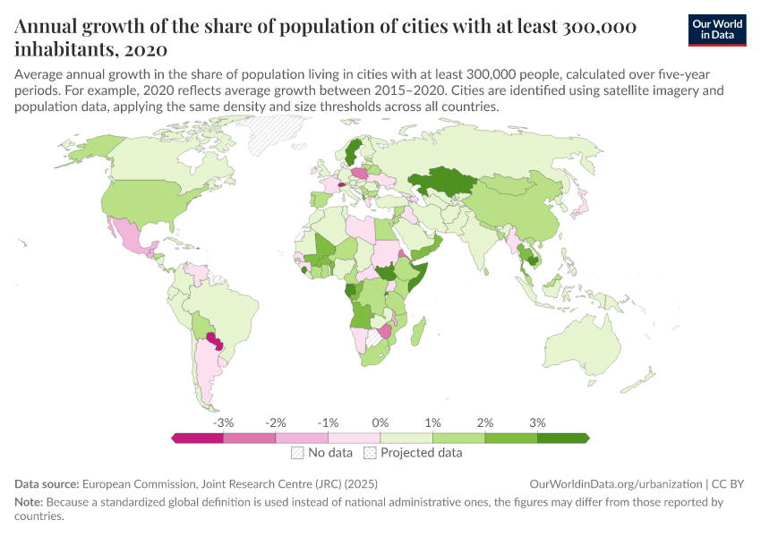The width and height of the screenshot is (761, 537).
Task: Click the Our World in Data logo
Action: click(717, 30)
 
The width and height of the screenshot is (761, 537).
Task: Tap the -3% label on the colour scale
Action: click(224, 422)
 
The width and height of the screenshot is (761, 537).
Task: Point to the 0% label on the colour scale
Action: click(380, 422)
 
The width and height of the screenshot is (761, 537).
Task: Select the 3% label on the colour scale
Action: click(537, 422)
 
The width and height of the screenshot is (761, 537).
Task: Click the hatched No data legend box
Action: click(297, 453)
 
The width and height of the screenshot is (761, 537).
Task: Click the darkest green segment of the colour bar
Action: click(562, 438)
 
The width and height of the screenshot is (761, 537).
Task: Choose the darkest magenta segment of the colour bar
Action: click(198, 438)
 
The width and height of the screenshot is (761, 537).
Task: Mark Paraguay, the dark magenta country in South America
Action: click(214, 341)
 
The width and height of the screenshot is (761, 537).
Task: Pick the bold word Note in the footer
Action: click(30, 502)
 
